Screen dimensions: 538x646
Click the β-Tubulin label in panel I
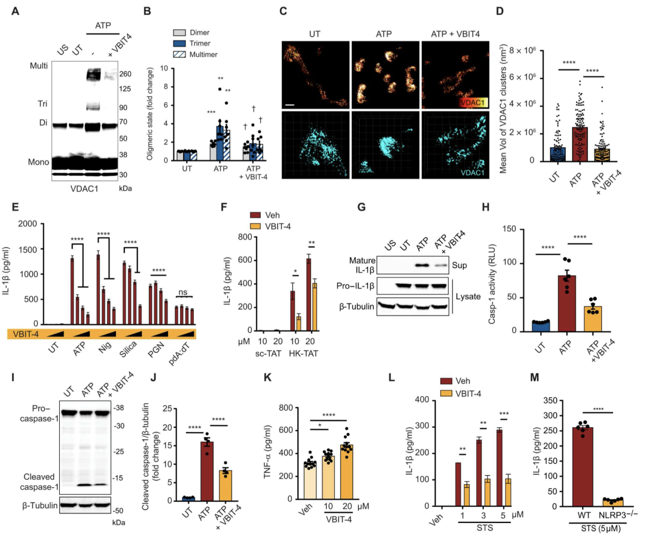click(x=36, y=505)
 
